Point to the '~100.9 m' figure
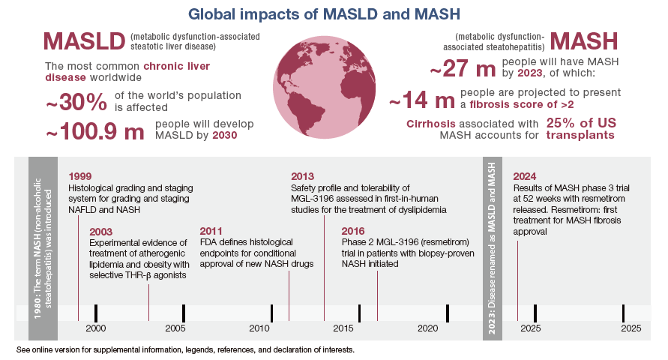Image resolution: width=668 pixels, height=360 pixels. (x=94, y=132)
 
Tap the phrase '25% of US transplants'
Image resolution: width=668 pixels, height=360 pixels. (x=580, y=129)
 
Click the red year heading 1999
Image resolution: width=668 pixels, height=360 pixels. (x=79, y=176)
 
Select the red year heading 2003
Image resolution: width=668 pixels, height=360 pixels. (x=101, y=231)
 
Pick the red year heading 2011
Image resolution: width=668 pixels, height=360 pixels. (x=212, y=231)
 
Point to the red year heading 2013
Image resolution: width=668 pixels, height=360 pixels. (x=302, y=176)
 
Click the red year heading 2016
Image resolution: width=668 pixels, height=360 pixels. (x=353, y=231)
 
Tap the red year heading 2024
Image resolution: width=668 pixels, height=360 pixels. (x=525, y=176)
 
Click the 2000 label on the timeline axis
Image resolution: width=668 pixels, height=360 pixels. (x=95, y=329)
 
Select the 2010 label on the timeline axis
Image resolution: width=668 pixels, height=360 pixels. (x=260, y=329)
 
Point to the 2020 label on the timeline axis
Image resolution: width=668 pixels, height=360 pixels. (x=428, y=329)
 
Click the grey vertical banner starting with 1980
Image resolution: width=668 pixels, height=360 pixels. (x=43, y=248)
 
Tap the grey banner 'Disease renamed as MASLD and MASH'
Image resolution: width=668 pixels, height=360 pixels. (x=492, y=248)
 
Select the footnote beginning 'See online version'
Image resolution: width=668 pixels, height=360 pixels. (x=184, y=350)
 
